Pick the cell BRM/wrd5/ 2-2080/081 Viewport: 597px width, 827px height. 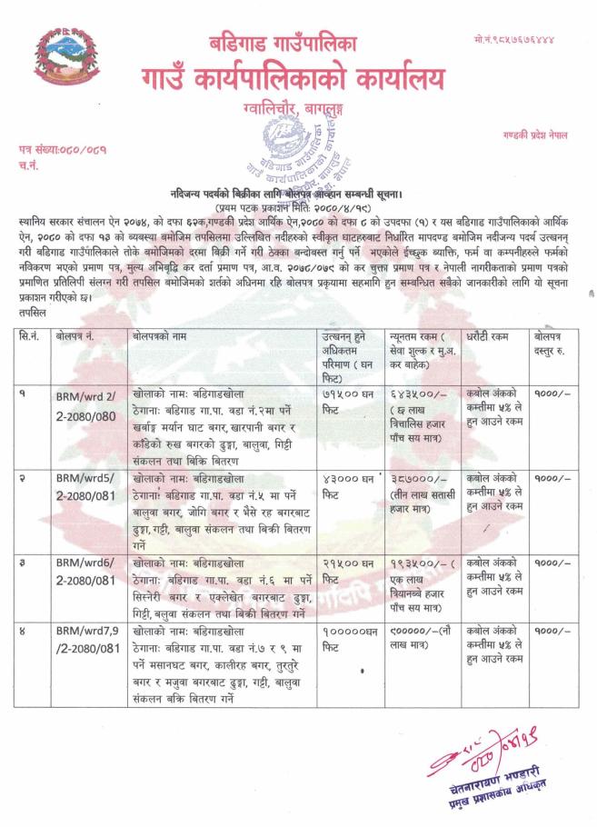85,483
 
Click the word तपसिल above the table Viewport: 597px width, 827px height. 32,310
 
